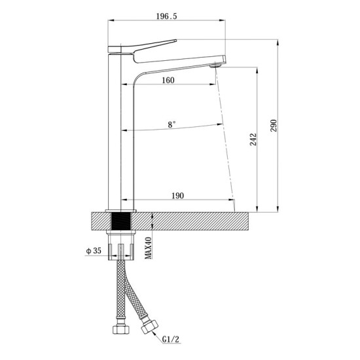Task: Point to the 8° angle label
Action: coord(172,123)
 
